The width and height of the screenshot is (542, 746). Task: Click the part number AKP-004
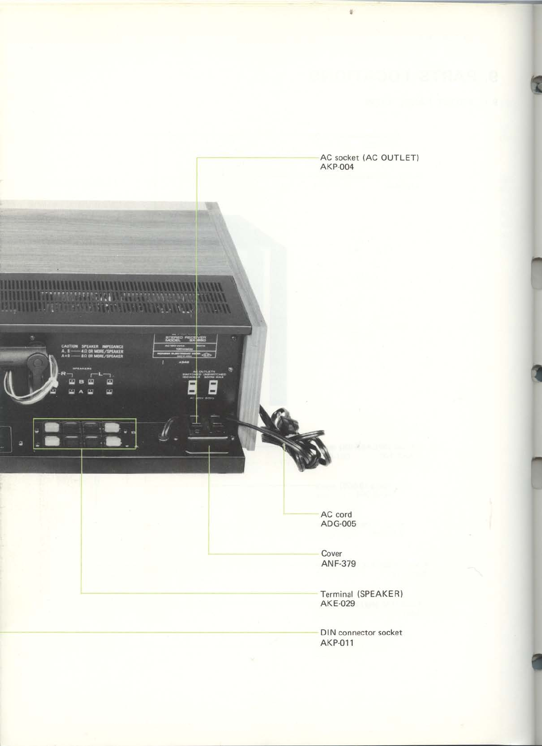point(337,167)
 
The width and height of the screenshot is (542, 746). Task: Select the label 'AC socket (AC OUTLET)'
point(370,158)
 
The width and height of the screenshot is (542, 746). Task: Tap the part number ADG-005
point(338,524)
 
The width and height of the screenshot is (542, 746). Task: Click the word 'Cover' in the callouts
point(331,554)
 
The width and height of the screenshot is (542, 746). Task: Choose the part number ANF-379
point(338,564)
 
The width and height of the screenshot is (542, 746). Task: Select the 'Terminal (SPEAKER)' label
point(361,594)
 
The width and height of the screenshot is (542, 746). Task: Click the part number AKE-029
point(337,603)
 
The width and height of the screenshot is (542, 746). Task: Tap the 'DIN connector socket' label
point(361,633)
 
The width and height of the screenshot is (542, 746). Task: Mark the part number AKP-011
point(337,643)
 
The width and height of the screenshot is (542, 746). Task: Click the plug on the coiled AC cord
point(286,420)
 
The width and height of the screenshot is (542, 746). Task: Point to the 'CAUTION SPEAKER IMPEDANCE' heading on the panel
point(92,346)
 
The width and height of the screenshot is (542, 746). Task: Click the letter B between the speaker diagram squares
point(81,381)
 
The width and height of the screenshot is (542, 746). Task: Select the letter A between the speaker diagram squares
point(81,392)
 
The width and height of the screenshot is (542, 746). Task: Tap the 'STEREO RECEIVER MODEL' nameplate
point(185,339)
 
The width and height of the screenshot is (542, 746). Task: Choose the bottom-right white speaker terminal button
point(112,442)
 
